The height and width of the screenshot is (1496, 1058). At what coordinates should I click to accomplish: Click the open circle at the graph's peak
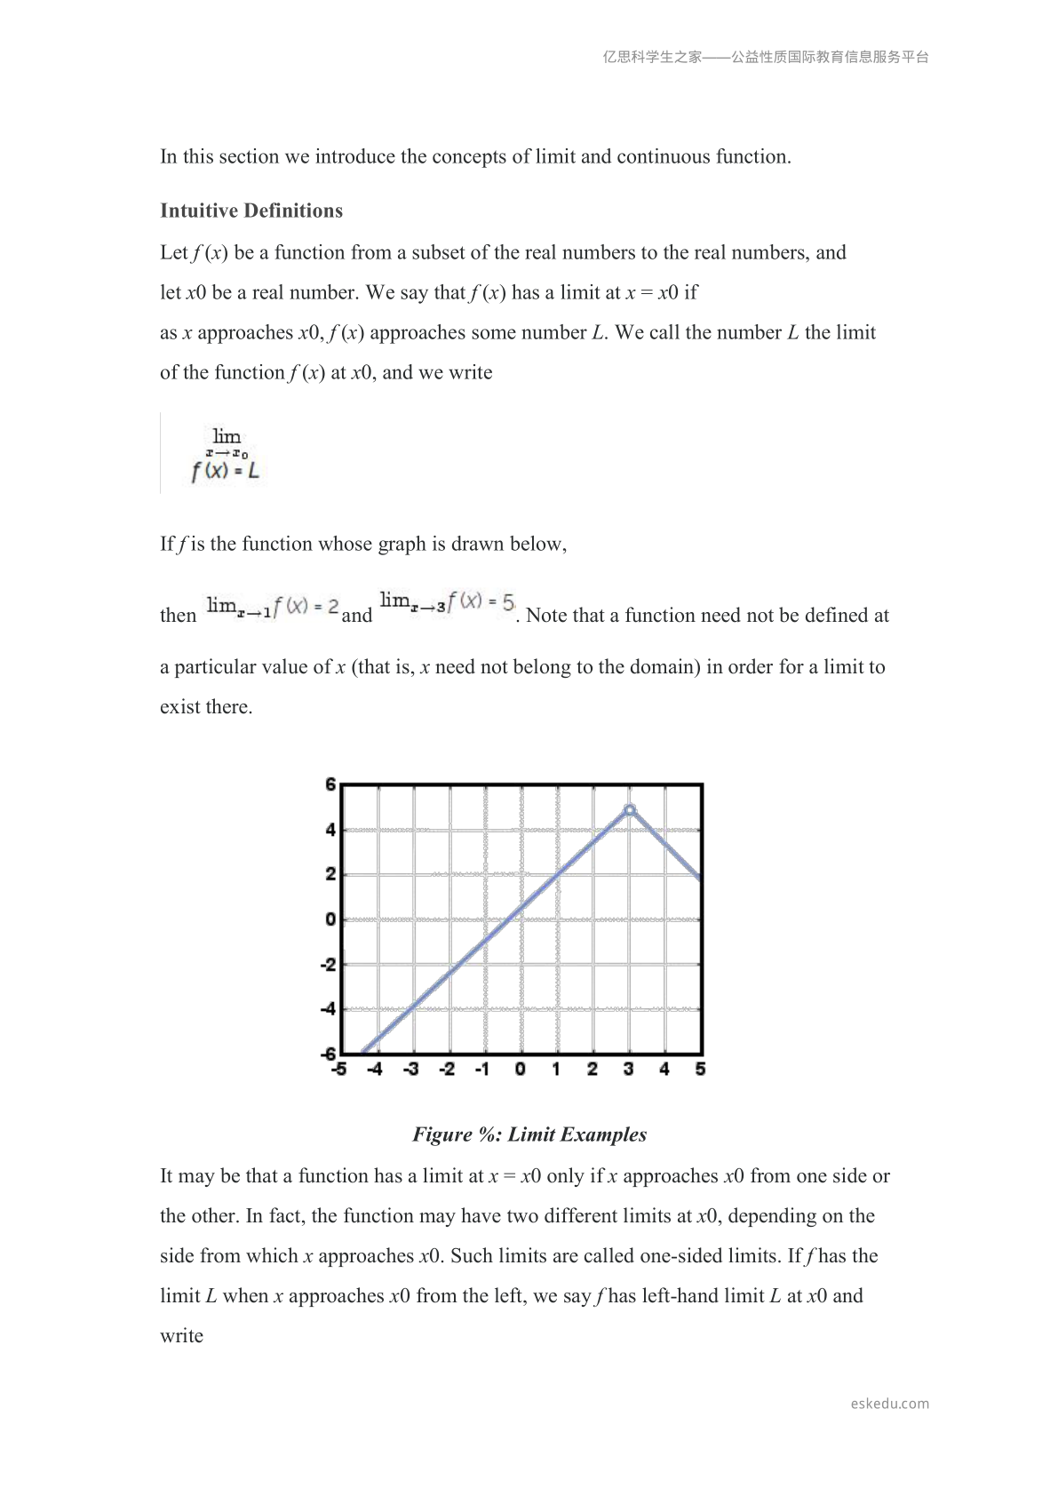630,810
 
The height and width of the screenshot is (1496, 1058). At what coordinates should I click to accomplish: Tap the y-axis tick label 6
330,784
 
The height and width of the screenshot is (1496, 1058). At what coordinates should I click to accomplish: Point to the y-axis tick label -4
329,1009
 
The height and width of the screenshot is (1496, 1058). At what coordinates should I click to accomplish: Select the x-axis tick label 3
628,1069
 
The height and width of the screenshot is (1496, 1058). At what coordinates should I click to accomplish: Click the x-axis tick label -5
339,1069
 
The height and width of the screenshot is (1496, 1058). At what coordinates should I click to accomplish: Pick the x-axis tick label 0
521,1069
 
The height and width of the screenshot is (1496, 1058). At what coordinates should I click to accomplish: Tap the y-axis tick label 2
330,874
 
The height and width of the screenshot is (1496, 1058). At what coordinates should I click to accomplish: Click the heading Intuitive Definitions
251,211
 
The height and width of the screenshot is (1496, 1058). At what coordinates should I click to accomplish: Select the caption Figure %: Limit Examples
529,1134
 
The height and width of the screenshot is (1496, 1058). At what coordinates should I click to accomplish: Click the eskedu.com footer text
889,1404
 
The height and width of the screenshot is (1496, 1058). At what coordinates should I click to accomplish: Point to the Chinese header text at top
766,57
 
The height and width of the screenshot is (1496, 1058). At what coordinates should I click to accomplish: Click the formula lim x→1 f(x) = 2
273,608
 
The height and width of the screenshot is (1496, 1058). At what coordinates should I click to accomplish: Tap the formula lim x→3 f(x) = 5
447,602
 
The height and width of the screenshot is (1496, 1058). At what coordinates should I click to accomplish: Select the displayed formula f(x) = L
226,471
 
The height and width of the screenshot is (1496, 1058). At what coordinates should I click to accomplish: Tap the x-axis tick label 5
700,1069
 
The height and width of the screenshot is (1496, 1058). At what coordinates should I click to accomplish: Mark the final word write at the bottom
181,1336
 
